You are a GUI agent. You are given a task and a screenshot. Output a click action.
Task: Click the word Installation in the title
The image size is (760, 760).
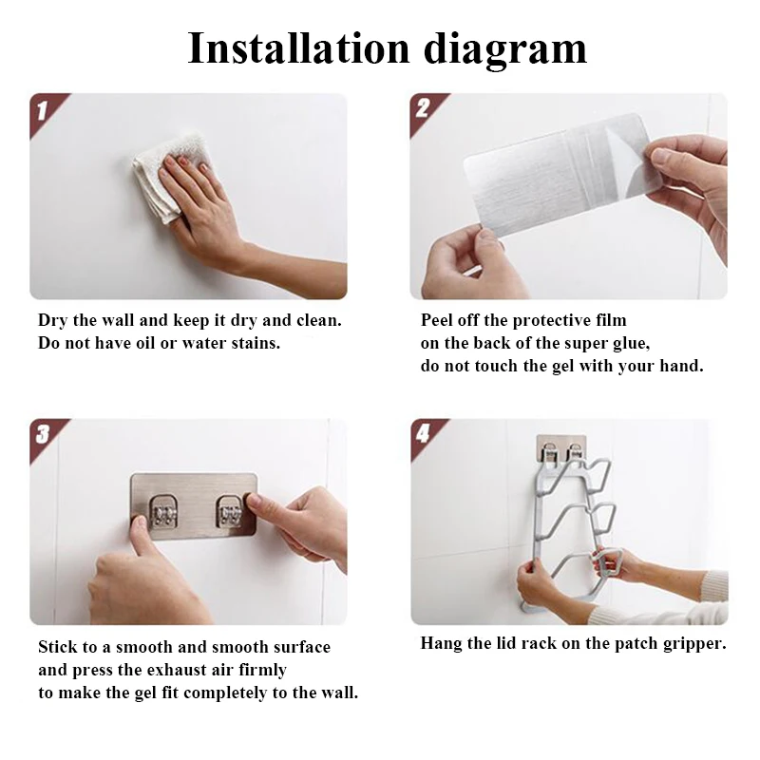298,48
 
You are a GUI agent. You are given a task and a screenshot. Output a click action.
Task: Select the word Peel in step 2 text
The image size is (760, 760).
437,320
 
